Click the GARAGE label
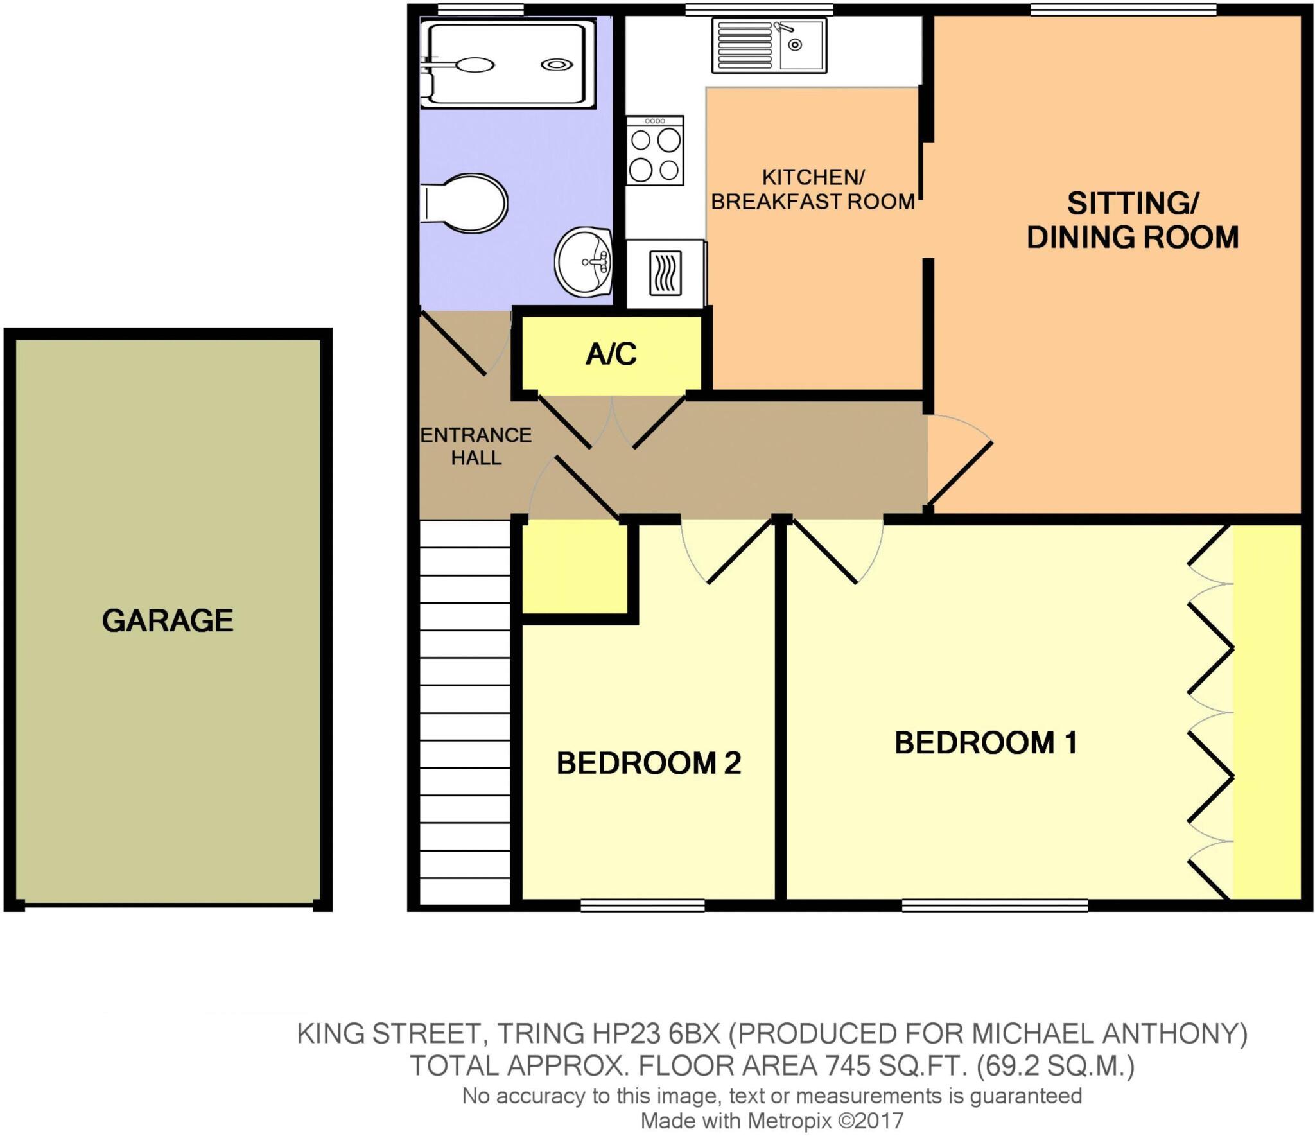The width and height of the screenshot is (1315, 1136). coord(168,620)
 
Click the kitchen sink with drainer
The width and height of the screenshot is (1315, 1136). coord(769,45)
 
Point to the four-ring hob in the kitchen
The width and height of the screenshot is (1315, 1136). coord(654,150)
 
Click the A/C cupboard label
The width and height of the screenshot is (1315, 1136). coord(611,354)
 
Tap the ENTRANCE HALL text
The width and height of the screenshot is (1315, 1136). coord(476,446)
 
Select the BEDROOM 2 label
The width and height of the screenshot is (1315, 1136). coord(649,763)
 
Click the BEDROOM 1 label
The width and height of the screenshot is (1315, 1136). coord(986,743)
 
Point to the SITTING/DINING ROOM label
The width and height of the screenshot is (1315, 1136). coord(1132,220)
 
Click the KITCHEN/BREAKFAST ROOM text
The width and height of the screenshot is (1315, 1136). coord(813,189)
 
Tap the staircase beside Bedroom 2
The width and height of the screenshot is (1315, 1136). coord(465,713)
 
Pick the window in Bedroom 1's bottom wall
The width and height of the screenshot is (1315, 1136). coord(994,905)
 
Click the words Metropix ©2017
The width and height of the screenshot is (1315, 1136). coord(825,1121)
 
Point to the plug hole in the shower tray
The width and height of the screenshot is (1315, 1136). coord(556,64)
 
